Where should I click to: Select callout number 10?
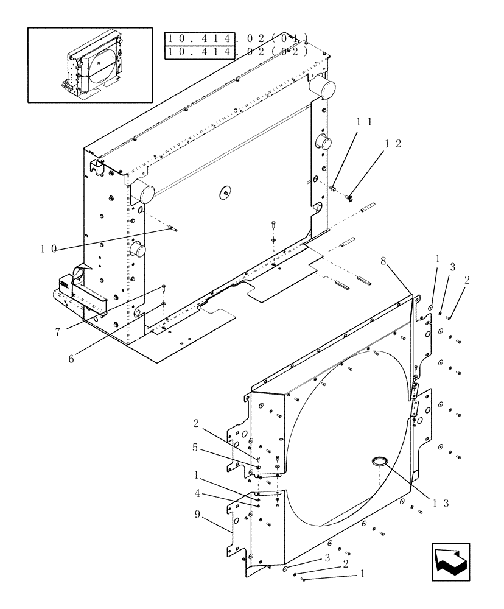[x=49, y=248]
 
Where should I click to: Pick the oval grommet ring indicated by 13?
[x=382, y=461]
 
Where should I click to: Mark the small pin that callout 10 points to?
[x=174, y=229]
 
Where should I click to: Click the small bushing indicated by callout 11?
[x=334, y=189]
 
